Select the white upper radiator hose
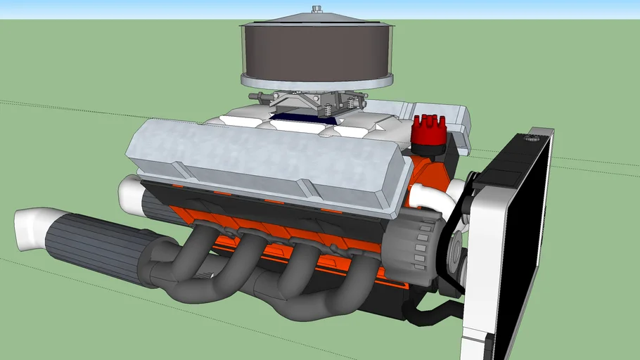429,197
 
